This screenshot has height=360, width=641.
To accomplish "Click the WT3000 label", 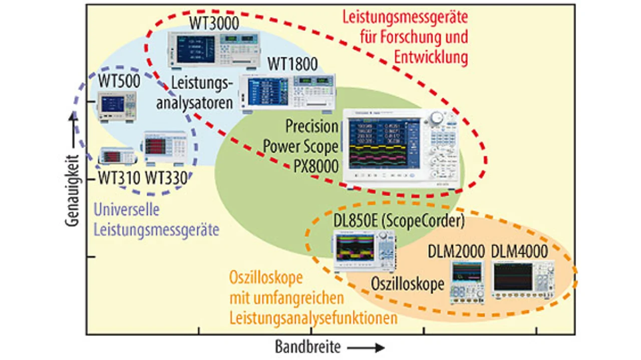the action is pyautogui.click(x=214, y=24).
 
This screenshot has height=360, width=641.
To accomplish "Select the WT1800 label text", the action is pyautogui.click(x=292, y=64).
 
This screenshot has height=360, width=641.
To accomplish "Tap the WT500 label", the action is pyautogui.click(x=119, y=81).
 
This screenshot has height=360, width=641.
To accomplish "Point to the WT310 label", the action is pyautogui.click(x=119, y=178).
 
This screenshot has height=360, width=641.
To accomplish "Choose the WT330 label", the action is pyautogui.click(x=166, y=178).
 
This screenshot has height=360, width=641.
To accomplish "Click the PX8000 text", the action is pyautogui.click(x=316, y=166).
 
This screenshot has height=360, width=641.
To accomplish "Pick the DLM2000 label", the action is pyautogui.click(x=456, y=251).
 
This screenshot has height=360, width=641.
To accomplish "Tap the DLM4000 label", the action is pyautogui.click(x=519, y=251).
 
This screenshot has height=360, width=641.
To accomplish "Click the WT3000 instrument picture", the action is pyautogui.click(x=214, y=50).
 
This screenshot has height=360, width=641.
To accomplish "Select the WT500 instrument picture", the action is pyautogui.click(x=117, y=107).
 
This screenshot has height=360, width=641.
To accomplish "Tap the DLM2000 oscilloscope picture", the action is pyautogui.click(x=468, y=282).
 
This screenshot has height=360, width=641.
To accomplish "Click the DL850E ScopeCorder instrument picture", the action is pyautogui.click(x=365, y=251).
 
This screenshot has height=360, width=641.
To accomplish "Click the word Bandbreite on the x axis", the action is pyautogui.click(x=307, y=347).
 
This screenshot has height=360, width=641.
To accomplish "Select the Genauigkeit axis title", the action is pyautogui.click(x=72, y=191).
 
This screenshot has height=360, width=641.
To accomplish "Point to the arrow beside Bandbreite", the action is pyautogui.click(x=366, y=348).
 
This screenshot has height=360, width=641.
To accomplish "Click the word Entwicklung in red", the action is pyautogui.click(x=431, y=58).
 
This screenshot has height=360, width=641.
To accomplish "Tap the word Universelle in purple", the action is pyautogui.click(x=127, y=209).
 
